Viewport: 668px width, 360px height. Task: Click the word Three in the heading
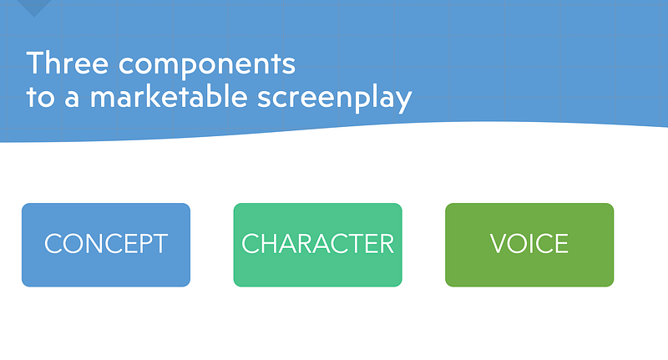[x=68, y=63]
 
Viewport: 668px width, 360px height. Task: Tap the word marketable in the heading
[x=169, y=96]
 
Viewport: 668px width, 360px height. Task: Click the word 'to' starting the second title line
[x=40, y=98]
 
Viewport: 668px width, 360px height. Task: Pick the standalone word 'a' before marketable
[x=72, y=99]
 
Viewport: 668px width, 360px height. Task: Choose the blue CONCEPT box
[x=106, y=245]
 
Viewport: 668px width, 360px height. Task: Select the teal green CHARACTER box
[x=318, y=245]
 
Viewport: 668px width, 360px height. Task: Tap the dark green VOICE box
[x=529, y=245]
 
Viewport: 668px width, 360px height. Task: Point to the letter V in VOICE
[x=499, y=244]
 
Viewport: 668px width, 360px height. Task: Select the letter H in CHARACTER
[x=268, y=244]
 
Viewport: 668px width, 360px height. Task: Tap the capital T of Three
[x=35, y=63]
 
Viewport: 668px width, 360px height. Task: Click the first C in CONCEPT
[x=54, y=244]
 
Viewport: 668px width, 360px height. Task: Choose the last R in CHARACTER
[x=386, y=244]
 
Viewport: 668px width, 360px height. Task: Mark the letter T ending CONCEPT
[x=159, y=244]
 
